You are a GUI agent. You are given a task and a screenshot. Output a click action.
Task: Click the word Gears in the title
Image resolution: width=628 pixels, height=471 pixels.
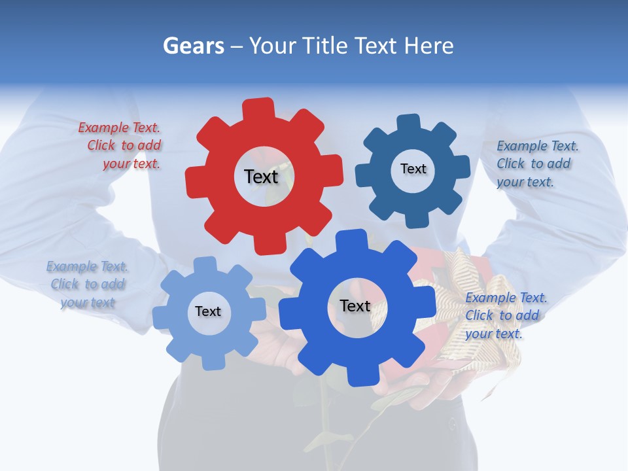coord(193,46)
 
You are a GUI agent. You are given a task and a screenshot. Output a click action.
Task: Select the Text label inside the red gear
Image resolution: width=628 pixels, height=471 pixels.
coord(261,177)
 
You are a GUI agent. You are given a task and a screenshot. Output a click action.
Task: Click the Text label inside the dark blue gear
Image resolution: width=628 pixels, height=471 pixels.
coord(413,169)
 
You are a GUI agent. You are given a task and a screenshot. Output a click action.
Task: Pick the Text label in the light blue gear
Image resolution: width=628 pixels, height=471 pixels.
coord(207,312)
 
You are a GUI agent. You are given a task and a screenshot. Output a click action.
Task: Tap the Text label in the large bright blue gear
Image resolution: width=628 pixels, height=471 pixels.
coord(355,306)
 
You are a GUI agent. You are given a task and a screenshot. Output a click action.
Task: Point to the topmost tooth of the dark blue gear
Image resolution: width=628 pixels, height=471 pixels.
coord(409,124)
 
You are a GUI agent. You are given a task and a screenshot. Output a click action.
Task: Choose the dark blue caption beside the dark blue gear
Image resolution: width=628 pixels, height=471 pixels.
coord(536,164)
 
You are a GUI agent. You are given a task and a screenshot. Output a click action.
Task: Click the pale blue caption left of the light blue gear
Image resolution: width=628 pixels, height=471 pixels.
coord(88,284)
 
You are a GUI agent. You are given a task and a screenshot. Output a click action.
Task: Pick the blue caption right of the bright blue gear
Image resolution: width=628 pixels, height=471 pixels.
coord(505,315)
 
